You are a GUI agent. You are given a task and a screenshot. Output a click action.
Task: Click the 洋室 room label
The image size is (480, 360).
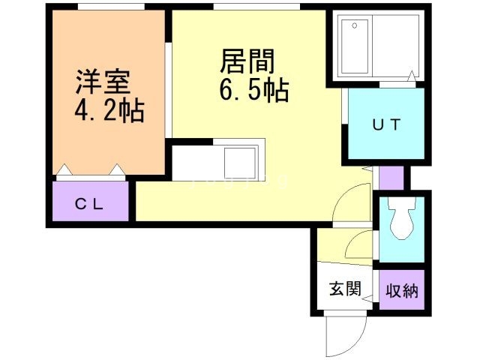pyautogui.click(x=103, y=82)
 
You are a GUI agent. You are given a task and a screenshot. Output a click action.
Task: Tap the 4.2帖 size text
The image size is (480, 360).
pyautogui.click(x=109, y=110)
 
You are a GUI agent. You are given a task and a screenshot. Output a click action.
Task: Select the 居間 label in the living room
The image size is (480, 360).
pyautogui.click(x=247, y=61)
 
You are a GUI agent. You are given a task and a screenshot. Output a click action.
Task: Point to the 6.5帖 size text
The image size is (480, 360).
pyautogui.click(x=253, y=90)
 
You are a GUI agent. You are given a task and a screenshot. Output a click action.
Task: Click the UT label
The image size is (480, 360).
pyautogui.click(x=386, y=124)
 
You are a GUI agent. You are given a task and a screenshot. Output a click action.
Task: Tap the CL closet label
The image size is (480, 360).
pyautogui.click(x=89, y=205)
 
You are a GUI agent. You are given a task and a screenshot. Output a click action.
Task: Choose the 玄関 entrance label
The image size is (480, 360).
pyautogui.click(x=345, y=288)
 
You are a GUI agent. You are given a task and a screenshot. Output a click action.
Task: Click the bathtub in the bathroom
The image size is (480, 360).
pyautogui.click(x=355, y=46)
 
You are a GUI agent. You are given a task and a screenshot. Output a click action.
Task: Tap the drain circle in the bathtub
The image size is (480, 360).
pyautogui.click(x=355, y=25)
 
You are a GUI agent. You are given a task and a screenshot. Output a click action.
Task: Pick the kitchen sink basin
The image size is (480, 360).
pyautogui.click(x=240, y=163)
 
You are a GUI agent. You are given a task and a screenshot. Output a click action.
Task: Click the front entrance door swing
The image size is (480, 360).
pyautogui.click(x=345, y=335)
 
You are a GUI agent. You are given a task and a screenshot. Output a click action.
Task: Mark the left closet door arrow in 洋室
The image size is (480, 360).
pyautogui.click(x=64, y=170)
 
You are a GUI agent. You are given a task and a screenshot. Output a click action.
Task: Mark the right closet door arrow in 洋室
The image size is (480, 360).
pyautogui.click(x=117, y=170)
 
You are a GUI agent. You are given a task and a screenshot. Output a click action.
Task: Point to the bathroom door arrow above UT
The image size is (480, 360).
pyautogui.click(x=412, y=76)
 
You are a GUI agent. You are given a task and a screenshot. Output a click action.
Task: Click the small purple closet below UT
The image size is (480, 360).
pyautogui.click(x=391, y=178)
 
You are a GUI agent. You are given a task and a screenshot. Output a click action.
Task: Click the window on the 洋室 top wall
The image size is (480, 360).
pyautogui.click(x=111, y=7)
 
